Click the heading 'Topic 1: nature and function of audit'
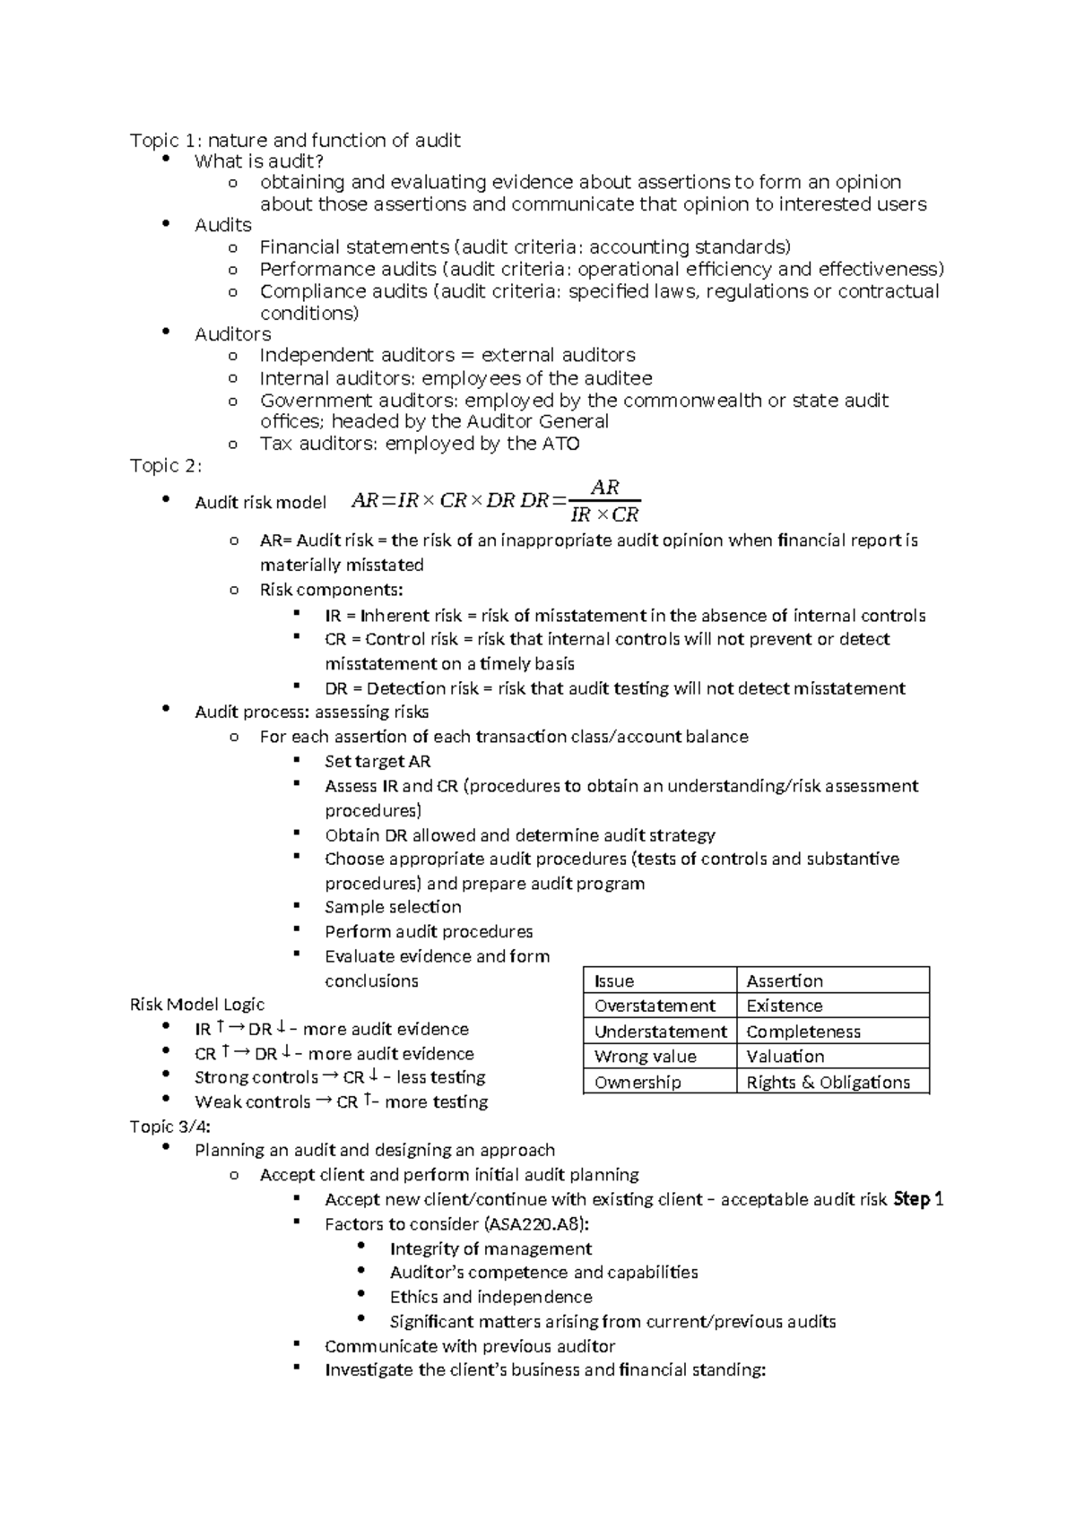pyautogui.click(x=295, y=140)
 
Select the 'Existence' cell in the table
pyautogui.click(x=785, y=1006)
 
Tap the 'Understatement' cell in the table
pyautogui.click(x=660, y=1032)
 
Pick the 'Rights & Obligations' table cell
pyautogui.click(x=828, y=1082)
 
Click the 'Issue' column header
pyautogui.click(x=614, y=980)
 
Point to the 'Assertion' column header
pyautogui.click(x=785, y=980)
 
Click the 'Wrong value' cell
pyautogui.click(x=645, y=1057)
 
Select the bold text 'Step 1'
pyautogui.click(x=918, y=1199)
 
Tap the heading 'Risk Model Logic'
pyautogui.click(x=197, y=1005)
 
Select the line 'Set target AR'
pyautogui.click(x=377, y=762)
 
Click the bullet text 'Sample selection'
pyautogui.click(x=393, y=907)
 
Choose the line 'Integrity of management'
pyautogui.click(x=490, y=1248)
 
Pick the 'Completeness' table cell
pyautogui.click(x=803, y=1032)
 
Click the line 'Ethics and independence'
pyautogui.click(x=490, y=1297)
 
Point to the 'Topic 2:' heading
pyautogui.click(x=166, y=466)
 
